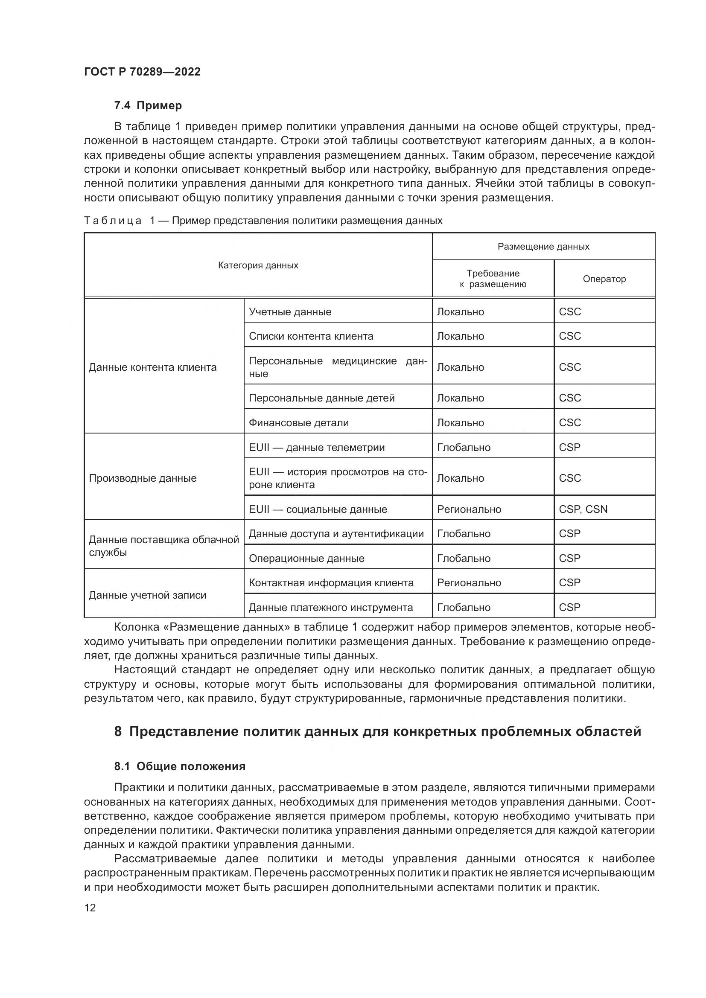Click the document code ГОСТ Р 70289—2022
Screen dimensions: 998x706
pyautogui.click(x=142, y=72)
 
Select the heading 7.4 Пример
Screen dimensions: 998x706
pyautogui.click(x=148, y=106)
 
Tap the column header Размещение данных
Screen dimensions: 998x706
pyautogui.click(x=543, y=247)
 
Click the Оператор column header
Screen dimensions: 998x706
pyautogui.click(x=604, y=279)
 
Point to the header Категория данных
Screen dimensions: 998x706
pyautogui.click(x=258, y=265)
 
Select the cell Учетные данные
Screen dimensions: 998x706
pyautogui.click(x=290, y=311)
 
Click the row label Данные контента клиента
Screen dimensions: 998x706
pyautogui.click(x=152, y=367)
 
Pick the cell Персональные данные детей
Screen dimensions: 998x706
pyautogui.click(x=322, y=398)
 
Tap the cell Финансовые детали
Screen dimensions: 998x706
pyautogui.click(x=299, y=422)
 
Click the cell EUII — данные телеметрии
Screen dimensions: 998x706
pyautogui.click(x=316, y=447)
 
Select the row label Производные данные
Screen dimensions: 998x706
pyautogui.click(x=143, y=478)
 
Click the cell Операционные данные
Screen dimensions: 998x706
pyautogui.click(x=306, y=558)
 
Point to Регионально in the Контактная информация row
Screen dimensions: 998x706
pyautogui.click(x=469, y=582)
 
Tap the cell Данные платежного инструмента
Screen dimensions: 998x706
pyautogui.click(x=330, y=607)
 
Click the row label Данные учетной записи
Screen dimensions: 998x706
pyautogui.click(x=147, y=595)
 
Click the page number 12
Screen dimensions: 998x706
pyautogui.click(x=90, y=908)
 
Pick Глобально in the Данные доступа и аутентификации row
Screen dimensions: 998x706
pyautogui.click(x=464, y=533)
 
